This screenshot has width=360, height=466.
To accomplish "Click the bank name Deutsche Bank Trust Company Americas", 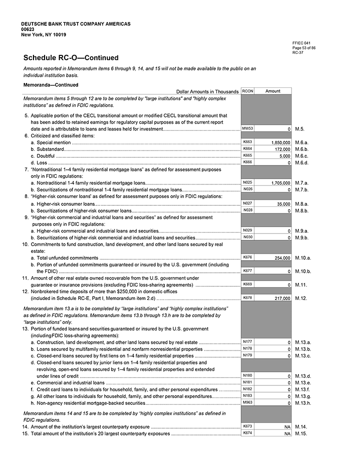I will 76,24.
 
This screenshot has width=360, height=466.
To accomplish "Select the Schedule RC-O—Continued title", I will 70,58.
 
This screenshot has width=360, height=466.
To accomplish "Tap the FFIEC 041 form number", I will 298,43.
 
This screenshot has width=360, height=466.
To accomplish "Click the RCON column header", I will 247,91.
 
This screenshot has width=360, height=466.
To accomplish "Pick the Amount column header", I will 273,91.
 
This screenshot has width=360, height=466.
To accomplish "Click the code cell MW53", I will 247,128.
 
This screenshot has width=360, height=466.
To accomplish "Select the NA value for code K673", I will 287,427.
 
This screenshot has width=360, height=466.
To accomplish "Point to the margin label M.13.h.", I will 303,403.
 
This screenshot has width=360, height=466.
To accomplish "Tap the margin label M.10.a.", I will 303,258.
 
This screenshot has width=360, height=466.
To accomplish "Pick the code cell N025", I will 247,182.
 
